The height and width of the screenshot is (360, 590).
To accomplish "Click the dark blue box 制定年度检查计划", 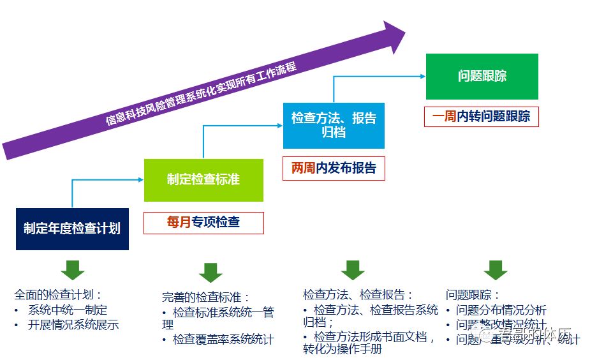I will click(72, 229).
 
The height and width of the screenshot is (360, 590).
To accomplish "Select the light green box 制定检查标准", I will click(203, 179).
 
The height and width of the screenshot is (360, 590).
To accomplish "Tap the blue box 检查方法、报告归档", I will click(334, 125).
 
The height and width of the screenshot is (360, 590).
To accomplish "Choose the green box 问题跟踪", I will click(482, 76).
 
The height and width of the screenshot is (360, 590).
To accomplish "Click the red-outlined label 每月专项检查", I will click(203, 222).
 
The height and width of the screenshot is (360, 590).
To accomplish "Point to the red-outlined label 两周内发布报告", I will click(334, 169).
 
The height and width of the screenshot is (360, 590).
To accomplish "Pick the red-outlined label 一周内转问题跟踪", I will click(482, 116).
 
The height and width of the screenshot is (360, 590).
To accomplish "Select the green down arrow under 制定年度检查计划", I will click(72, 269).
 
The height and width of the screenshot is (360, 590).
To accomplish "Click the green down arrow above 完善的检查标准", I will click(210, 273).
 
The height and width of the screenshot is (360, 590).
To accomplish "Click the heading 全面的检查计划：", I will click(58, 295).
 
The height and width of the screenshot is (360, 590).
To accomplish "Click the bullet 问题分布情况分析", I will click(501, 310).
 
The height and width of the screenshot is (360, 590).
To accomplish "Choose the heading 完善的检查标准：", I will click(205, 297).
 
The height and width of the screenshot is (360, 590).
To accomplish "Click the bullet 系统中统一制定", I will click(68, 310).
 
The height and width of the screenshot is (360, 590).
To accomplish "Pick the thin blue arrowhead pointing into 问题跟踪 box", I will click(422, 76).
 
